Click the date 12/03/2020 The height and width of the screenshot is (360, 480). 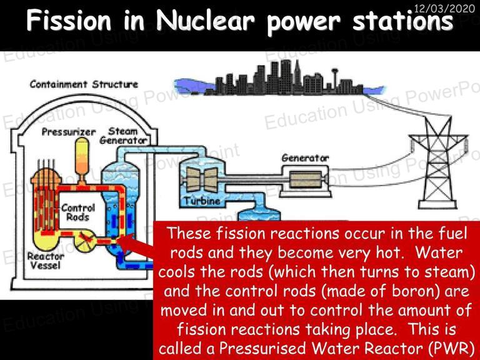tap(444, 8)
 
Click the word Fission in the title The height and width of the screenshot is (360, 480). tap(69, 21)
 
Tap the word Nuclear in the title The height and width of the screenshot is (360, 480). tap(205, 21)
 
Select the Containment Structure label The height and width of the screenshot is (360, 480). tap(84, 84)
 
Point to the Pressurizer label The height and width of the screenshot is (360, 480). tap(69, 132)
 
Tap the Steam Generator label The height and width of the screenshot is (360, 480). tap(123, 136)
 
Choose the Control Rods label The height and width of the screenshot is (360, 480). tap(78, 212)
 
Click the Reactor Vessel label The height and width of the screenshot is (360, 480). tap(46, 261)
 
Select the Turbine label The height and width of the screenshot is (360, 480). tap(202, 201)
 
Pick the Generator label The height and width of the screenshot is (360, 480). tap(305, 158)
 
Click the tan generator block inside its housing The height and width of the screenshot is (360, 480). tap(306, 179)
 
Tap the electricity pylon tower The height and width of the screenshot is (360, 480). tap(438, 162)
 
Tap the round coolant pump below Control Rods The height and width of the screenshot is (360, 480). tap(85, 241)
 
